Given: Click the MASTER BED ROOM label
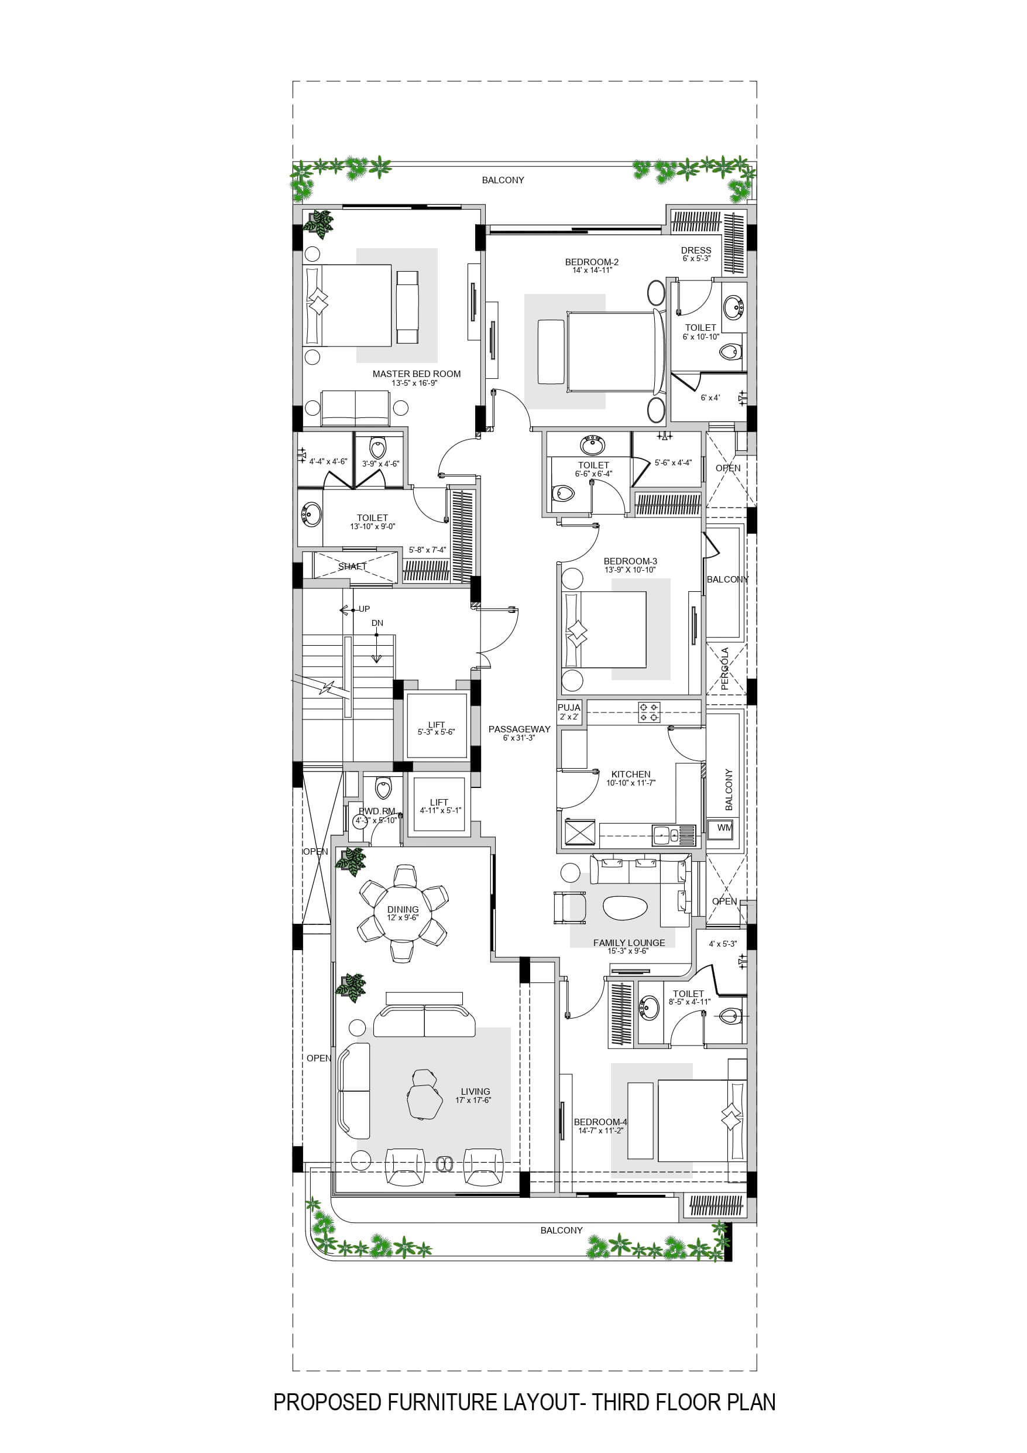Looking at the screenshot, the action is point(417,374).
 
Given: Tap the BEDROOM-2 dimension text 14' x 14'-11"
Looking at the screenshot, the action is point(592,270).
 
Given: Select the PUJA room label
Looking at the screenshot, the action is point(569,708).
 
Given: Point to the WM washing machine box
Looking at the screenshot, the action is point(724,828).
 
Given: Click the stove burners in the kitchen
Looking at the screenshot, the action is point(649,712).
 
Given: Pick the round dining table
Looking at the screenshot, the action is point(403,913).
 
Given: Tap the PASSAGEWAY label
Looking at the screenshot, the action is point(519,729).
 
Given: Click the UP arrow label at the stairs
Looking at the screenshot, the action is point(364,609).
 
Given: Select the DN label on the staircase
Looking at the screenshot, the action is point(377,623).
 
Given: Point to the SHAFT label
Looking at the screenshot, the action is point(352,567).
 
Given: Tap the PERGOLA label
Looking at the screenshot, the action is point(724,669).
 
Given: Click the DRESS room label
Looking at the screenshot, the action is point(696,250).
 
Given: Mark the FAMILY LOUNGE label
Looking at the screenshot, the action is point(629,943).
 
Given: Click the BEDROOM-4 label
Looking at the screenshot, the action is point(600,1122).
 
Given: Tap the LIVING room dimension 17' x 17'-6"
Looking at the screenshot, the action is point(473,1100).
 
